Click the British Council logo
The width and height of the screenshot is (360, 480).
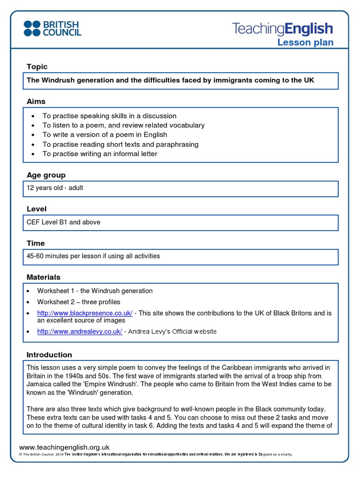click(x=52, y=28)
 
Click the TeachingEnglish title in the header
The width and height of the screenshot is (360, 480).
click(x=282, y=29)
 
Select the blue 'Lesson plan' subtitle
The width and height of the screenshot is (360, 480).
click(x=305, y=43)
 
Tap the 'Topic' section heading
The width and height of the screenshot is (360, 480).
click(x=37, y=67)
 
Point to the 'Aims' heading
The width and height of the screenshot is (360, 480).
click(x=36, y=101)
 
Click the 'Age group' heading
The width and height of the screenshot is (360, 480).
click(x=46, y=175)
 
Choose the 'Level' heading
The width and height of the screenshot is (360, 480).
click(x=37, y=209)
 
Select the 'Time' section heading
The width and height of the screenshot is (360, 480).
click(x=36, y=243)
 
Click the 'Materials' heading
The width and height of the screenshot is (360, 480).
click(x=44, y=277)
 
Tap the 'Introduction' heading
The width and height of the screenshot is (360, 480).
click(x=49, y=355)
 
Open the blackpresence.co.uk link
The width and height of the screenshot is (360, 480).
click(x=85, y=313)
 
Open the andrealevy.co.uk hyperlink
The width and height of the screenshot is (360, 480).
click(x=80, y=331)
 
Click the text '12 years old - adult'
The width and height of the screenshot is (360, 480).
click(x=55, y=188)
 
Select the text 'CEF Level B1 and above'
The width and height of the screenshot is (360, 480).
click(x=63, y=222)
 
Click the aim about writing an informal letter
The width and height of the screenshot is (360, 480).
click(x=100, y=154)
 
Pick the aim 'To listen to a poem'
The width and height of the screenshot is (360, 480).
click(x=123, y=125)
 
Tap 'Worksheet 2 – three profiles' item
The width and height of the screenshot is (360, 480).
click(x=79, y=302)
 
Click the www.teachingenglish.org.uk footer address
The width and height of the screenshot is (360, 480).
click(x=64, y=447)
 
